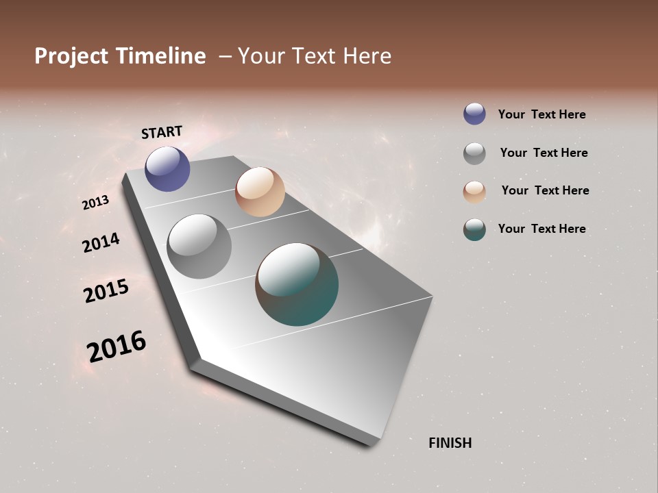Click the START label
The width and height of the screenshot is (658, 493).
tap(162, 131)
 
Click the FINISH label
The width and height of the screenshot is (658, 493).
tap(450, 443)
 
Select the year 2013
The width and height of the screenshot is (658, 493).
tap(95, 203)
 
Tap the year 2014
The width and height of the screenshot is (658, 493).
tap(101, 242)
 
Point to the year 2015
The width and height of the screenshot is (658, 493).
tap(106, 291)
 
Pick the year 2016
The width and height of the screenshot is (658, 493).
tap(117, 346)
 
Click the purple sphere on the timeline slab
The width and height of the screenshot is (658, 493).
tap(167, 168)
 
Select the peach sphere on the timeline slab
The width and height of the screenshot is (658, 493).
tap(260, 192)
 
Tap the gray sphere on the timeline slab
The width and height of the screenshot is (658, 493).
tap(199, 246)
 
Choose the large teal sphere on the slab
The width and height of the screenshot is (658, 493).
tap(297, 284)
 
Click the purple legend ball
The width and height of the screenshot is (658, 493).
tap(474, 114)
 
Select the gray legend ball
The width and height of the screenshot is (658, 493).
tap(474, 153)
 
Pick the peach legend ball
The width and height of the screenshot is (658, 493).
tap(474, 192)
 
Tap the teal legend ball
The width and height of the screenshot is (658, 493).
tap(474, 229)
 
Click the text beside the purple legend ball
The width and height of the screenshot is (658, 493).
tap(541, 114)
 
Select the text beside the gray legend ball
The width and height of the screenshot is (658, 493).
tap(544, 153)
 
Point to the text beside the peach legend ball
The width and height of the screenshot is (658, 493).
tap(545, 190)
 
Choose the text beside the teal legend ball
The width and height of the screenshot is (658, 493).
tap(541, 229)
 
